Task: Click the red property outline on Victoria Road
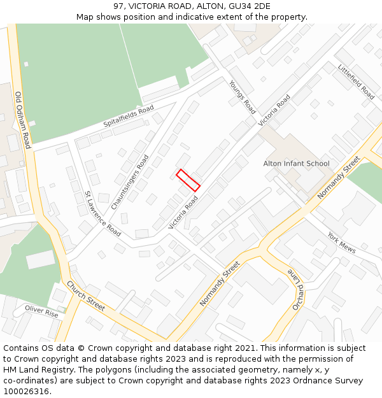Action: click(x=188, y=180)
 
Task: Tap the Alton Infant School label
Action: click(x=296, y=164)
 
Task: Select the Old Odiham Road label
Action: click(x=22, y=120)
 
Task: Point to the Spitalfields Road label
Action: click(x=129, y=117)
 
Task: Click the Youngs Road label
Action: click(x=242, y=97)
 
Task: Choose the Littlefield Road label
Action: click(x=357, y=82)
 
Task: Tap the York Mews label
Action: click(x=341, y=243)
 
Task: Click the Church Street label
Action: click(x=85, y=296)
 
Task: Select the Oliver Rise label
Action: click(x=41, y=311)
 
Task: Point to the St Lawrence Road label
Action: click(x=103, y=213)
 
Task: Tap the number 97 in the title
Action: click(x=118, y=6)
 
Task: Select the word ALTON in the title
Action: click(x=199, y=6)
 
